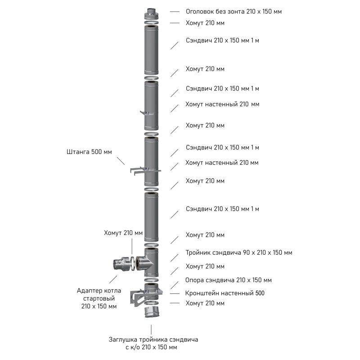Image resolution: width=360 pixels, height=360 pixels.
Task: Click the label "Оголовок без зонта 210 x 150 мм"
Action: tap(234, 12)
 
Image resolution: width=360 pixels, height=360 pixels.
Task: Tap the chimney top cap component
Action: tap(151, 14)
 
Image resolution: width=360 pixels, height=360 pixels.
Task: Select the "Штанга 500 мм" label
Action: tap(89, 152)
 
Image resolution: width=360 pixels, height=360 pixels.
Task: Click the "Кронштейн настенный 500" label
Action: tap(225, 293)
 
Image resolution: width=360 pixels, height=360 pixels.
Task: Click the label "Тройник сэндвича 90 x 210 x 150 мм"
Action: tap(239, 252)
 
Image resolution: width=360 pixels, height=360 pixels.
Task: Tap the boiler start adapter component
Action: tap(121, 264)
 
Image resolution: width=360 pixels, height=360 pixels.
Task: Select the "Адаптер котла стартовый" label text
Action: tap(99, 295)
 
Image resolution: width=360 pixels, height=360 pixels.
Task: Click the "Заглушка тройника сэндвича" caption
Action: tap(153, 340)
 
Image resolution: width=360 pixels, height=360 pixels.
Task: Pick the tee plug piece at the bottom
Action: tap(152, 312)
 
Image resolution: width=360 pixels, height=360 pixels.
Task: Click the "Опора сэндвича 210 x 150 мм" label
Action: tap(229, 280)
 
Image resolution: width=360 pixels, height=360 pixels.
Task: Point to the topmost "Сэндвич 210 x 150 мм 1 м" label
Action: tap(222, 40)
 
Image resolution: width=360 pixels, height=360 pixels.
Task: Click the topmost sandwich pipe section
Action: tap(151, 50)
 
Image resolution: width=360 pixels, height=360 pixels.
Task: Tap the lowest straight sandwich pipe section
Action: tap(151, 217)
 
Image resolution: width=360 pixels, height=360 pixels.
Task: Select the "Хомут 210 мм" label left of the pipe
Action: tap(123, 233)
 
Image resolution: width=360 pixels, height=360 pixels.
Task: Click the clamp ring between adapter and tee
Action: tap(133, 264)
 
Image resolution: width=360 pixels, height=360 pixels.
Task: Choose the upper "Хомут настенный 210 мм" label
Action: tap(222, 104)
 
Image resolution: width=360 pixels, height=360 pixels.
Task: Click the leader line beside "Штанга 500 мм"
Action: tap(121, 161)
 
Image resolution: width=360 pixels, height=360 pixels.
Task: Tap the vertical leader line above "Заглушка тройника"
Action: tap(151, 329)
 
